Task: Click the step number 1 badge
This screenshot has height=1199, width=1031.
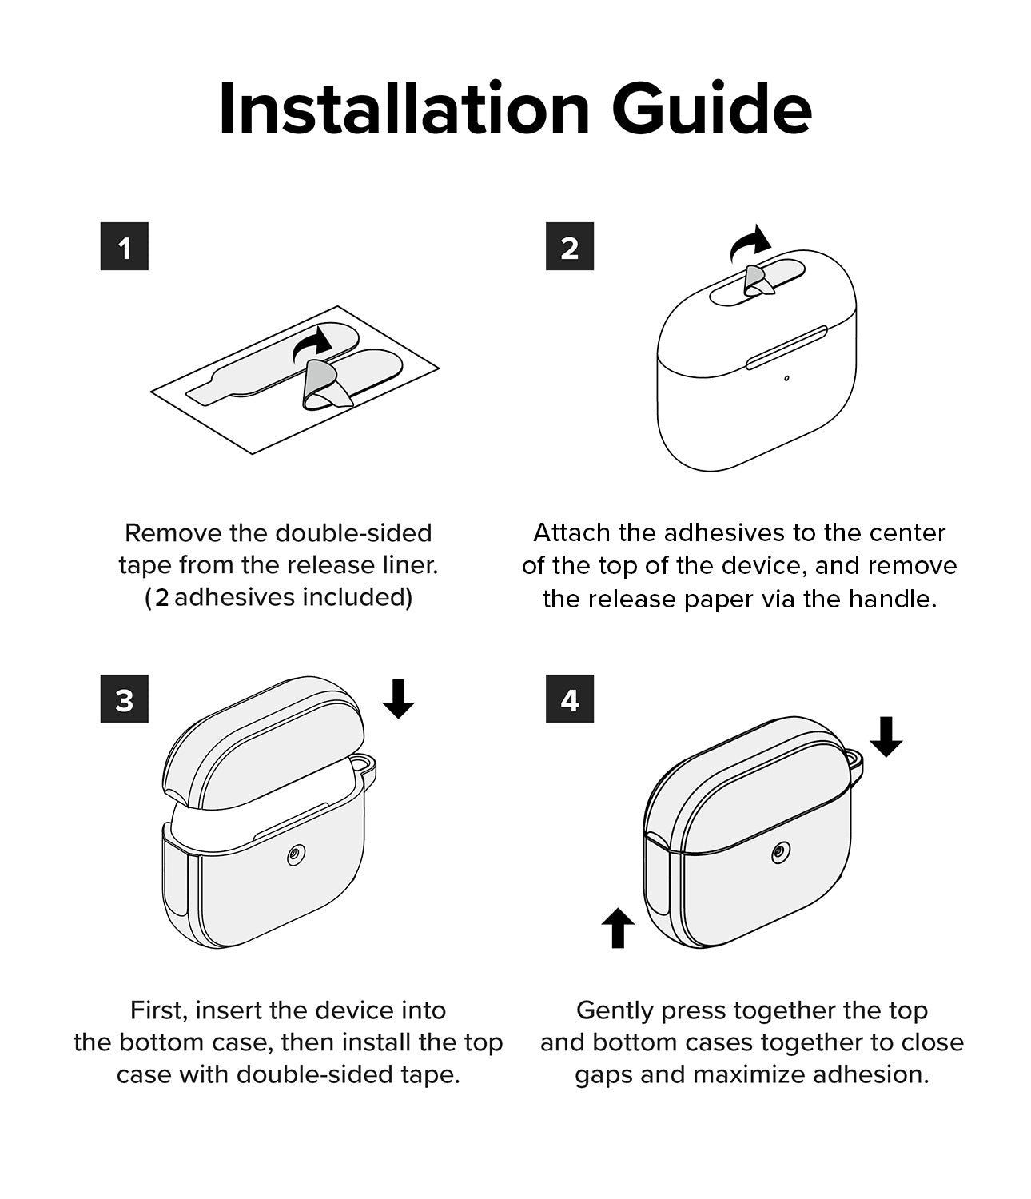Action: tap(124, 246)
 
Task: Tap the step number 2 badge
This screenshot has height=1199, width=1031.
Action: tap(569, 246)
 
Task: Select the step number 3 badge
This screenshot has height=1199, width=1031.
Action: tap(124, 699)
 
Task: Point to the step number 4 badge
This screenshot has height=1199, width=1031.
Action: tap(569, 699)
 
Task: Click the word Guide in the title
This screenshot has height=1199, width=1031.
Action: tap(711, 109)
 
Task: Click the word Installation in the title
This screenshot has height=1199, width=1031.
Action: tap(404, 109)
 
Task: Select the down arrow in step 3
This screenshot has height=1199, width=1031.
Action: tap(398, 699)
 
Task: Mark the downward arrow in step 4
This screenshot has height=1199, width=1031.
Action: tap(886, 737)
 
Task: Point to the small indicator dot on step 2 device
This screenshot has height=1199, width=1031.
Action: tap(786, 379)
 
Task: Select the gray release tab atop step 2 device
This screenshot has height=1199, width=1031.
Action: tap(758, 282)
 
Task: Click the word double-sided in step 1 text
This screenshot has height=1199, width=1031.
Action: tap(353, 533)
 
